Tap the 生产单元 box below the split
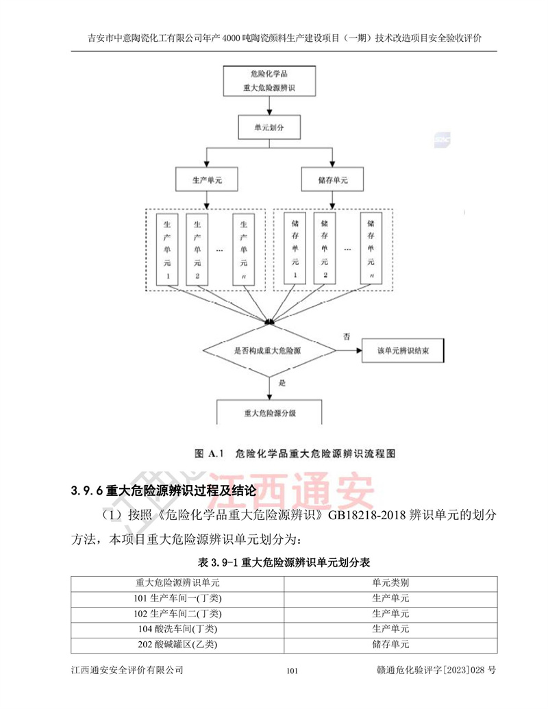[x=206, y=179]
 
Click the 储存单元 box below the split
[x=334, y=179]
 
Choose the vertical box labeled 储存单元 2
[x=326, y=247]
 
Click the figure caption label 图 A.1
[x=210, y=453]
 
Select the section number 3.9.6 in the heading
[x=87, y=491]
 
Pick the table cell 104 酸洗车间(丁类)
[x=177, y=628]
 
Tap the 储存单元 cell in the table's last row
[x=390, y=644]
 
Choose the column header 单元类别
[x=390, y=582]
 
